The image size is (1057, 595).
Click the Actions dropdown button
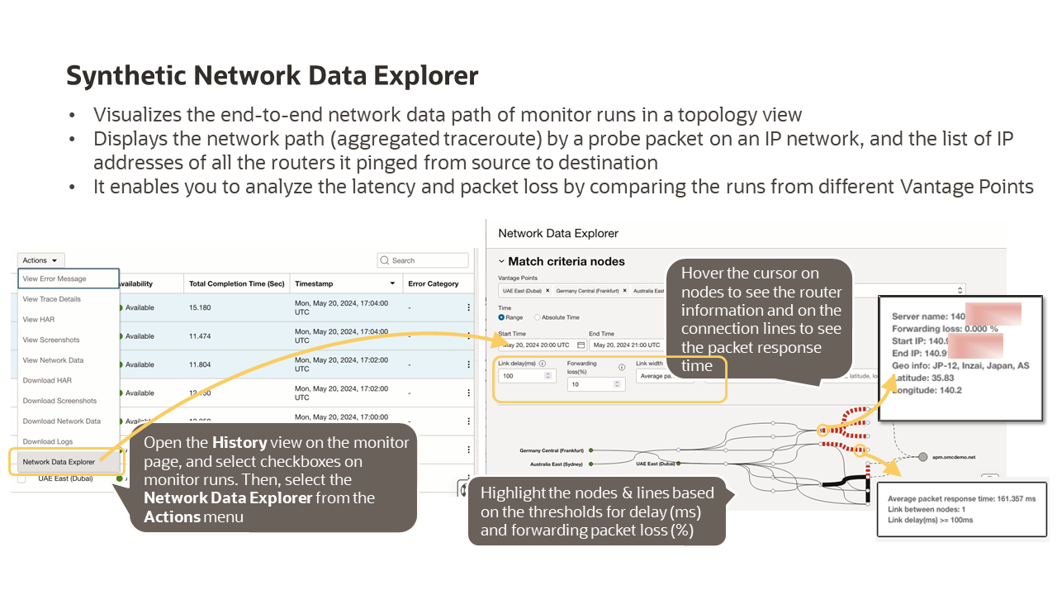point(40,260)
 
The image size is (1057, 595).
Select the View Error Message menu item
point(55,279)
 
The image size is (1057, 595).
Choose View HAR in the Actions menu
point(39,320)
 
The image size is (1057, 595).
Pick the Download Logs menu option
point(48,441)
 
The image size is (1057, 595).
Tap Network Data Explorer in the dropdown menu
point(59,462)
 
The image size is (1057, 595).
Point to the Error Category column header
point(433,283)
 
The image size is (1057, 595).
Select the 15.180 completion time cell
point(200,307)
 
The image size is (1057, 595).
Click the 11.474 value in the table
point(200,336)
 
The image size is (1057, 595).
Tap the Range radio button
point(501,317)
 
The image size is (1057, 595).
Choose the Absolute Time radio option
point(538,317)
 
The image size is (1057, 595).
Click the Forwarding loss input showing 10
point(590,384)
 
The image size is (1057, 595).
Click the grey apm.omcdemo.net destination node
point(922,456)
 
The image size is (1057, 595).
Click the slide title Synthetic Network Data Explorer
point(273,76)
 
